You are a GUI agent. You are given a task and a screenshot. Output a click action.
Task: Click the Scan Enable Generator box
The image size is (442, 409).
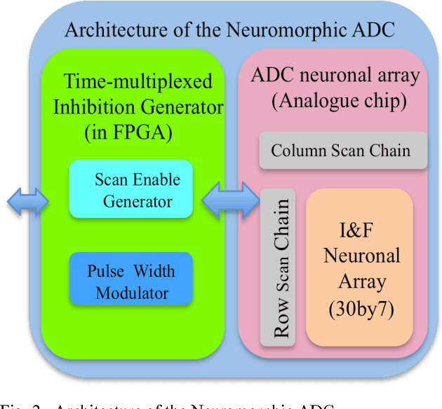pos(130,190)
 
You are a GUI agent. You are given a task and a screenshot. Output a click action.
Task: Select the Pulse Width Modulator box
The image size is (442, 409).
pos(130,279)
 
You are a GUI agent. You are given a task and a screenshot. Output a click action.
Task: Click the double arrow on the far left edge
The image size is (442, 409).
pos(27,202)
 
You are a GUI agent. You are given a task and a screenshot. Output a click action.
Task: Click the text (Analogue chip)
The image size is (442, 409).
pos(339,100)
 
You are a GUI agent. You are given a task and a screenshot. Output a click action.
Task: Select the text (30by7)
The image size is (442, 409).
pos(361,309)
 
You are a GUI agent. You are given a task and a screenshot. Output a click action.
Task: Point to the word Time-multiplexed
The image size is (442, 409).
pos(138,81)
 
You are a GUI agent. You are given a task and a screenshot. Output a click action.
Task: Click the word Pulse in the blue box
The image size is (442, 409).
pos(104,271)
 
